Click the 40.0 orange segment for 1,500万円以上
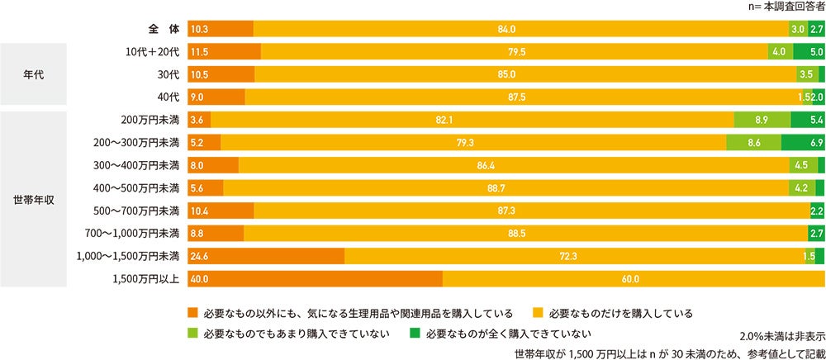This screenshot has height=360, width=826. pyautogui.click(x=315, y=279)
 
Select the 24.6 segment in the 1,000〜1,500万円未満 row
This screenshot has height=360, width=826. pyautogui.click(x=266, y=256)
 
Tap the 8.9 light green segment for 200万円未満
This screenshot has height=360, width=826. pyautogui.click(x=762, y=120)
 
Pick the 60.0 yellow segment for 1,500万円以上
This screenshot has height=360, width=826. pyautogui.click(x=633, y=279)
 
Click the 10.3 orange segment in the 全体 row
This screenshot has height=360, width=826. pyautogui.click(x=221, y=30)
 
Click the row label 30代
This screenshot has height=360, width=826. pyautogui.click(x=167, y=75)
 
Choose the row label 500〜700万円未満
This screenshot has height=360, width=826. pyautogui.click(x=138, y=211)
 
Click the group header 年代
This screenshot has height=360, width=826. pyautogui.click(x=33, y=74)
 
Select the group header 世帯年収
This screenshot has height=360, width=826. pyautogui.click(x=33, y=199)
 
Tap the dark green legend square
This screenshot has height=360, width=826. pyautogui.click(x=415, y=334)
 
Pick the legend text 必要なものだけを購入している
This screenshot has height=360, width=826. pyautogui.click(x=619, y=314)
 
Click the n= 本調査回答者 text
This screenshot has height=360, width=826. pyautogui.click(x=777, y=7)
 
